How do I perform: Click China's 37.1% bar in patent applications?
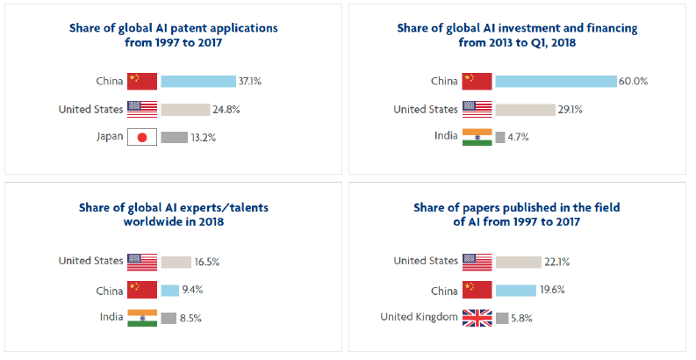[x=198, y=82]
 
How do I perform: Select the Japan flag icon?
[x=142, y=137]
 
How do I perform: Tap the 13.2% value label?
[x=204, y=138]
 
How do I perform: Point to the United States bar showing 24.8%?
[x=185, y=110]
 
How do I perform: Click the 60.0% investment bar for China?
[x=556, y=82]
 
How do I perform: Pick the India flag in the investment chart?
[x=477, y=137]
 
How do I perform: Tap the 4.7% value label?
[x=518, y=137]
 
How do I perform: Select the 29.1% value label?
[x=570, y=110]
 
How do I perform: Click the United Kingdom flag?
[x=477, y=318]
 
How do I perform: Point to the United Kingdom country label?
[x=419, y=317]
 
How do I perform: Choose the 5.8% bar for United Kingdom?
[x=502, y=318]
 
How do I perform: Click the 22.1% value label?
[x=557, y=263]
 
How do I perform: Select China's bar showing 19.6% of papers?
[x=516, y=291]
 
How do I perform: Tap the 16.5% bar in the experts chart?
[x=176, y=263]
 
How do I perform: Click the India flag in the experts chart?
[x=142, y=318]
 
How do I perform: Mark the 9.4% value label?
[x=192, y=290]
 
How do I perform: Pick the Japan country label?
[x=110, y=136]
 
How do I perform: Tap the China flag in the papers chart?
[x=477, y=290]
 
